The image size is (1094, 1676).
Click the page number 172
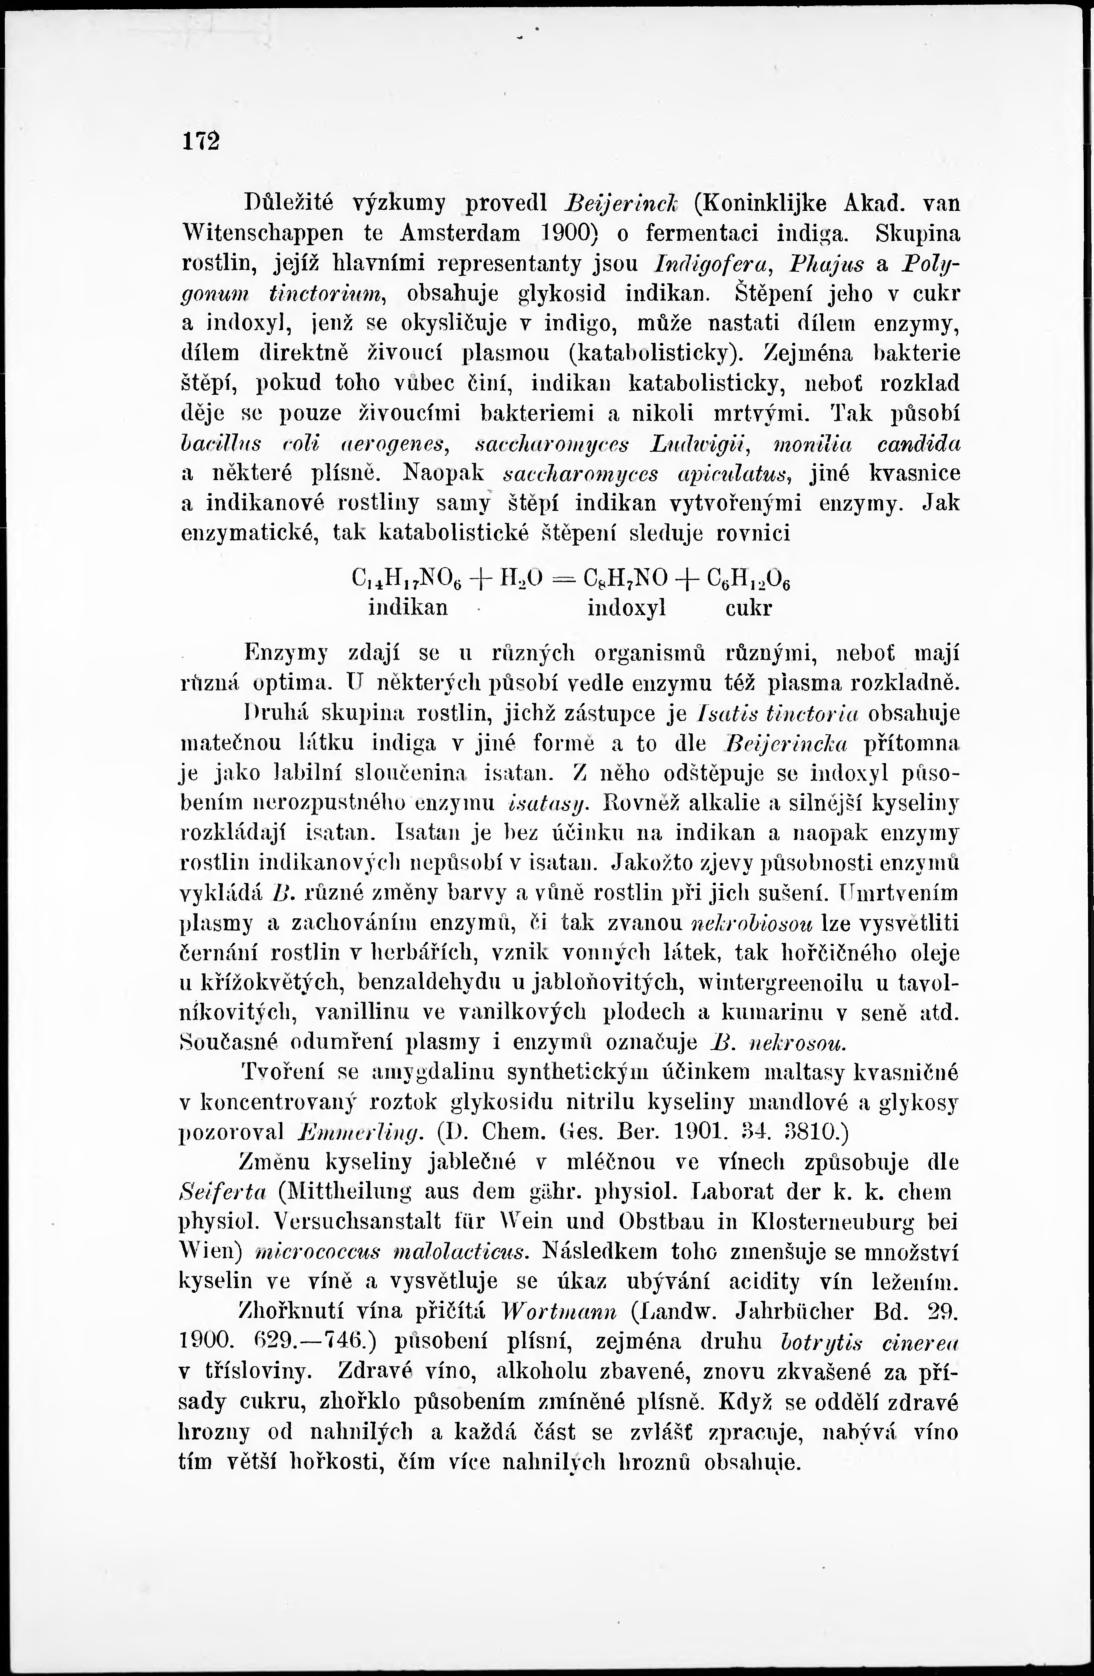(201, 140)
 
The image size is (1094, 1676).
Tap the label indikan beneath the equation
(408, 607)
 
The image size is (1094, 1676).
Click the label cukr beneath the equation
(748, 607)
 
